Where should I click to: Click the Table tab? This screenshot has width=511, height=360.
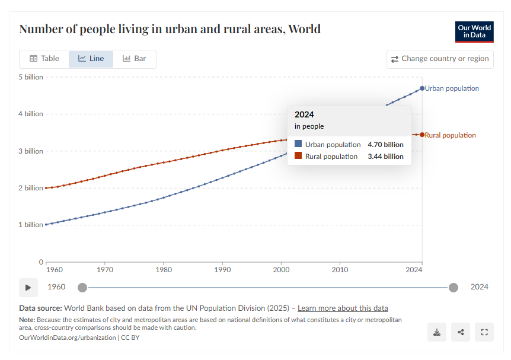(x=44, y=59)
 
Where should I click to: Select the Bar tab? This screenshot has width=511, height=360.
(x=135, y=59)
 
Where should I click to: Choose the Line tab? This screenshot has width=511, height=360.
(x=91, y=59)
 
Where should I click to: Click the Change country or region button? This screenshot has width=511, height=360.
(x=440, y=59)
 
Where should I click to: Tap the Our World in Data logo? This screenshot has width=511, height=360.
(x=474, y=32)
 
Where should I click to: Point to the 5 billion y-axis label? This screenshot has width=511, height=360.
(x=30, y=77)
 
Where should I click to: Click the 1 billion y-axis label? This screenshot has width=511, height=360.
(x=30, y=225)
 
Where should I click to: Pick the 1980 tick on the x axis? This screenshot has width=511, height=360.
(x=164, y=270)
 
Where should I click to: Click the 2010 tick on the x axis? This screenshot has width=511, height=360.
(x=340, y=270)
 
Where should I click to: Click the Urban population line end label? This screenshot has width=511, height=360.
(x=452, y=88)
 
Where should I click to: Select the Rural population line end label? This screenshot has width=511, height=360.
(x=451, y=135)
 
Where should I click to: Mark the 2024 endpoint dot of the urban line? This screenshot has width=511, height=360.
(x=422, y=88)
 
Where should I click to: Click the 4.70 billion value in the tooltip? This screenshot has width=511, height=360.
(x=385, y=144)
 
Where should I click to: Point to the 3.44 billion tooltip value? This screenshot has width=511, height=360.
(x=385, y=157)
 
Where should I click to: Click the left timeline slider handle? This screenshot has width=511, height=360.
(x=82, y=288)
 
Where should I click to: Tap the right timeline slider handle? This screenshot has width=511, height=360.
(x=453, y=288)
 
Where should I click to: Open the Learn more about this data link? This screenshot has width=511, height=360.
(x=343, y=308)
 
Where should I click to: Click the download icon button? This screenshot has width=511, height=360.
(x=437, y=332)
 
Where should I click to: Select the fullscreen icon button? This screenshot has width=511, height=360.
(x=484, y=332)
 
